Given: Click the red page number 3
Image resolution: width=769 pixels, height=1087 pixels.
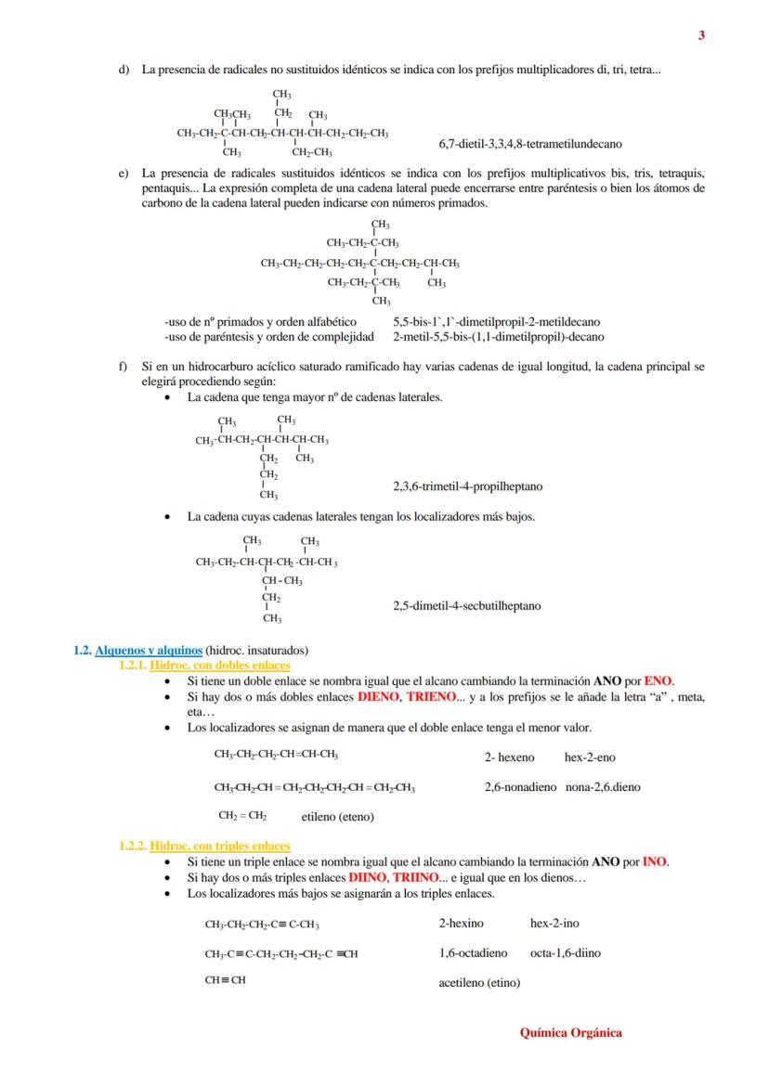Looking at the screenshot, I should pos(701,36).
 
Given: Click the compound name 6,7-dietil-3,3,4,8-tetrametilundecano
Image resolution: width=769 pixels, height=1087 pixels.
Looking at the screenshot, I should pos(530,145).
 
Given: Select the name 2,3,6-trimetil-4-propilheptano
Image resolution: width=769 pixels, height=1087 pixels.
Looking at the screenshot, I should pos(468,486).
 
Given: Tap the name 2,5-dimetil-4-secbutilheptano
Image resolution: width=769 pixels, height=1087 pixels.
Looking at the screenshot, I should pos(467,606).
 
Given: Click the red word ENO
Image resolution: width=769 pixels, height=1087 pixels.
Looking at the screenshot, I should pos(658,680).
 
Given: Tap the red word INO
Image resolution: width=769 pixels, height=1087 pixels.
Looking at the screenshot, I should pos(655,861).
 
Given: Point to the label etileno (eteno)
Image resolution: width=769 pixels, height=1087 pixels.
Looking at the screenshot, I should pos(338,818).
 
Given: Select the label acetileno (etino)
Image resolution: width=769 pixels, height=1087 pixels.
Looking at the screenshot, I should pos(479,982).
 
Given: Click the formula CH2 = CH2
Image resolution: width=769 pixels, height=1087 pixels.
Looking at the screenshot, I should pos(243,816).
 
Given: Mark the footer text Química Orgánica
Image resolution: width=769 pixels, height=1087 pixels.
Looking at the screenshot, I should pos(570,1032).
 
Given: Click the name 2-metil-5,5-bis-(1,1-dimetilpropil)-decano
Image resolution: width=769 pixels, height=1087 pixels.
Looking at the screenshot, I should pos(498,337).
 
